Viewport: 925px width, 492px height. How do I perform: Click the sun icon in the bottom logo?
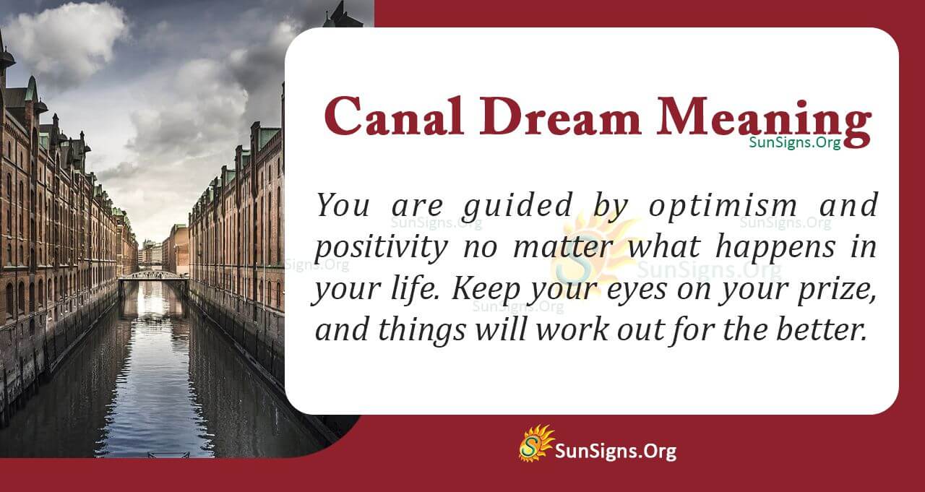(x=535, y=443)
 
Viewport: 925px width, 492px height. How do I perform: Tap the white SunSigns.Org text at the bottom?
(x=616, y=452)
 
